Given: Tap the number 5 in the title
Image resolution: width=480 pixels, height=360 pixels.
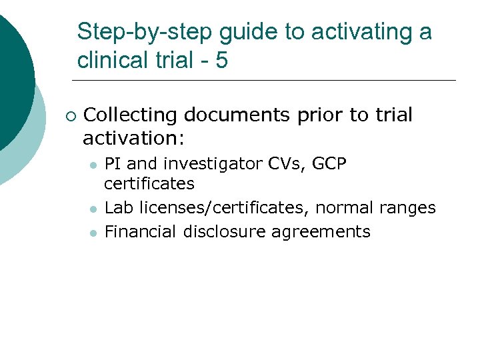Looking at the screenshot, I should point(221,61).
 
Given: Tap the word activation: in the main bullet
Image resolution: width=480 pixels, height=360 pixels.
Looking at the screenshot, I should point(133,139).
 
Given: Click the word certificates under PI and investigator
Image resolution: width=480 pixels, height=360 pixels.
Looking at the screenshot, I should point(149,183).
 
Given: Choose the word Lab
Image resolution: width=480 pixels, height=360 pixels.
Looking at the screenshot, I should point(119,208).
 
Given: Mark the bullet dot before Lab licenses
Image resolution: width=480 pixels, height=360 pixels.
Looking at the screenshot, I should point(94,209).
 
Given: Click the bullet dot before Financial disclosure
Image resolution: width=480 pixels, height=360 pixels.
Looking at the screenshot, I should point(94,233).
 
